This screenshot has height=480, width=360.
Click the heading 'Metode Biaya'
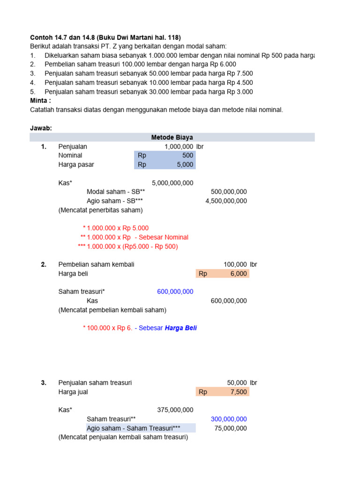coord(172,137)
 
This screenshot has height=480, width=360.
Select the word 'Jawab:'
coord(41,128)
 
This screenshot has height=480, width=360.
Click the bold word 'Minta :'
coord(41,101)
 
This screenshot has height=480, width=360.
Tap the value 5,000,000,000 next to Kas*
coord(172,183)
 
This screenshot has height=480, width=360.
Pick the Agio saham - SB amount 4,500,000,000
coord(226,201)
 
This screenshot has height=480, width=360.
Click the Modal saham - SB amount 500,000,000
coord(229,192)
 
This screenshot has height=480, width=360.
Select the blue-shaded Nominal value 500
coord(187,155)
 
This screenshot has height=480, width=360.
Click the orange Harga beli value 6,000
coord(238,274)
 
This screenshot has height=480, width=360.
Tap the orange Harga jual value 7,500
coord(238,392)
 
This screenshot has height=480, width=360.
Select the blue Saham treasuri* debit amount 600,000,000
coord(175,292)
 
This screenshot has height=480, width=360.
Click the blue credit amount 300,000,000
coord(229,419)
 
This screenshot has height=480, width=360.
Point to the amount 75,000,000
coord(231,428)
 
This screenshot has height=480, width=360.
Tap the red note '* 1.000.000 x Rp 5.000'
coord(115,228)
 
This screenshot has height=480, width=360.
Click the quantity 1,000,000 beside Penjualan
coord(179,146)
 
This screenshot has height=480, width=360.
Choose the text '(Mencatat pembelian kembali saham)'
coord(112,310)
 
